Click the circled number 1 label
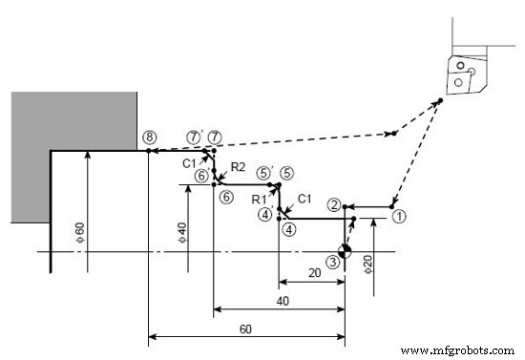tap(399, 216)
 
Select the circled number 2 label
tap(333, 204)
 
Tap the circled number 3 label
tap(331, 261)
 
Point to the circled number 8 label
tap(148, 137)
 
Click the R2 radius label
tap(239, 168)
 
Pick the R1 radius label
tap(258, 199)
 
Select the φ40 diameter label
tap(180, 231)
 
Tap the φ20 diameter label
tap(368, 263)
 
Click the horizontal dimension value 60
tap(245, 328)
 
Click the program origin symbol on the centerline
tap(345, 252)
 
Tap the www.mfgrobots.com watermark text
tap(456, 350)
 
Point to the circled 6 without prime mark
tap(225, 197)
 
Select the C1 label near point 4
tap(304, 199)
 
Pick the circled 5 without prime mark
tap(286, 173)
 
